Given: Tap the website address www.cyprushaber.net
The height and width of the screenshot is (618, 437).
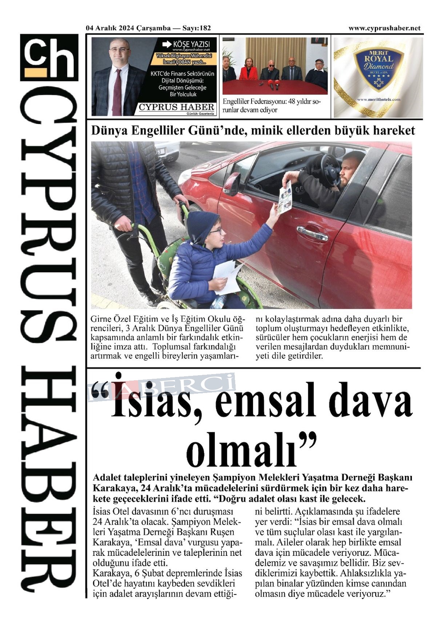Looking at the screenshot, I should point(384,28).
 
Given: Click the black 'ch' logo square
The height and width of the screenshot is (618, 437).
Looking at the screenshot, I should point(49,57).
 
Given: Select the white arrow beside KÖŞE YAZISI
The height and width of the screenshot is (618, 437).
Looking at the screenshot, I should point(167,45).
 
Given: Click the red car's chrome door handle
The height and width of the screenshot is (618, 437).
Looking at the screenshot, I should point(312,233).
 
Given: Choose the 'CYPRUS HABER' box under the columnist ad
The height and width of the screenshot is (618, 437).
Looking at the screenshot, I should point(176,107).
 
